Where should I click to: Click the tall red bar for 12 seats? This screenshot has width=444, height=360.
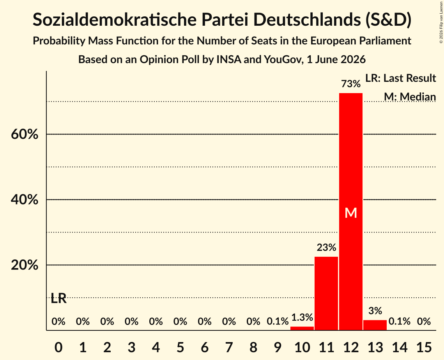351,212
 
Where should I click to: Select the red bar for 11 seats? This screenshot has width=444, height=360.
326,293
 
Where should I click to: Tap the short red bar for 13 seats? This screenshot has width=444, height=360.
375,325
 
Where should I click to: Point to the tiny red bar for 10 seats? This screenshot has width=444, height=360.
302,328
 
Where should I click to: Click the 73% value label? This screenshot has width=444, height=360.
351,84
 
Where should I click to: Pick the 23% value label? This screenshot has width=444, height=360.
326,248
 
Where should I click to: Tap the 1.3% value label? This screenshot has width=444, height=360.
302,317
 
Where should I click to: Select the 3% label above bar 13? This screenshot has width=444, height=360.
375,311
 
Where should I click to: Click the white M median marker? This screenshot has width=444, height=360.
351,213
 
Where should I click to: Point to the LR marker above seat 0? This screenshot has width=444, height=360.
58,298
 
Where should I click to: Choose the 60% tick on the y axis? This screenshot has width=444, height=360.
25,134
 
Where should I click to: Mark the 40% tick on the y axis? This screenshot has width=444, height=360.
25,199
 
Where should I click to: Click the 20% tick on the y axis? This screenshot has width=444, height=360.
25,265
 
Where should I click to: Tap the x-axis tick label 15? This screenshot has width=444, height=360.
424,347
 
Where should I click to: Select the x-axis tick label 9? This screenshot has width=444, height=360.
278,347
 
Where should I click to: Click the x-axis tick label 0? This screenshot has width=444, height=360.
58,347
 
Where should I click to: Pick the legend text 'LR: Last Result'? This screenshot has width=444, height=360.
400,78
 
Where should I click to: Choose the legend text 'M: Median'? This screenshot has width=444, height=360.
410,97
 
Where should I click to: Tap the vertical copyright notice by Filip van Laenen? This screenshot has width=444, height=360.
441,22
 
